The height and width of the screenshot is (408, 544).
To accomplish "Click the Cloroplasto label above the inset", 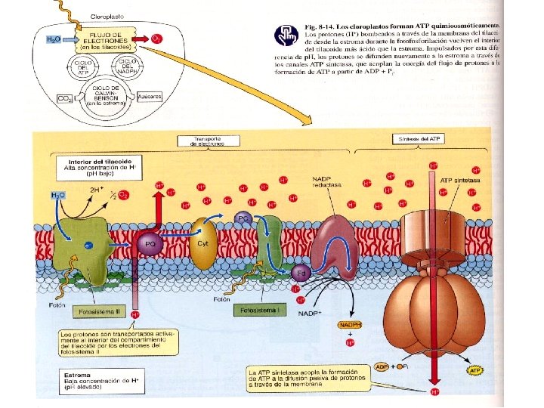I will pos(107,15).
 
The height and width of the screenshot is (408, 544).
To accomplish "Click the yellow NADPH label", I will pos(350,326).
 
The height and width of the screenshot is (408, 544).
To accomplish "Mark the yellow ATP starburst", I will pos(474,371).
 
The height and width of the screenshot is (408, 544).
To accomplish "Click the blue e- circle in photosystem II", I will pos(89,246).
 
